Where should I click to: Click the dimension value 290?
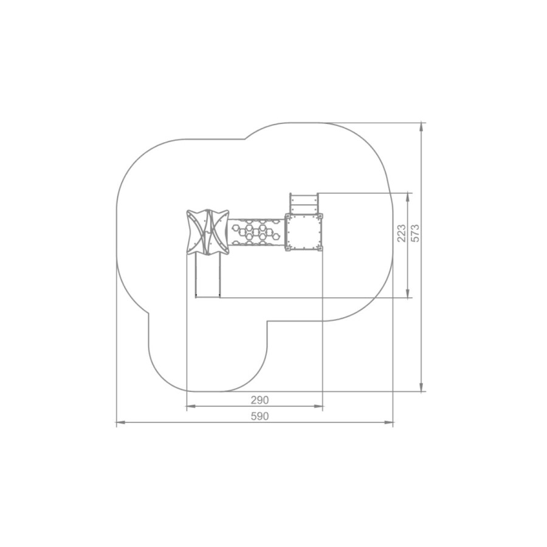(x=260, y=400)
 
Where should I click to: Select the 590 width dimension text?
(x=260, y=416)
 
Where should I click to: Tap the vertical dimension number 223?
(x=402, y=233)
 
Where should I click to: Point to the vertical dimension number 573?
(x=416, y=233)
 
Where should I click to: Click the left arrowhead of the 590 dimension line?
(x=121, y=422)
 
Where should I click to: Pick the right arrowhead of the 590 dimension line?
(x=389, y=422)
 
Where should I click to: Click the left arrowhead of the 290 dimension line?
(x=191, y=406)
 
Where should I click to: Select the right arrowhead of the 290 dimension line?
(x=318, y=406)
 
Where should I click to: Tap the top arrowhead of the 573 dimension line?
(x=422, y=128)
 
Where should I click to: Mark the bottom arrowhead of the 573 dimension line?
(x=422, y=387)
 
